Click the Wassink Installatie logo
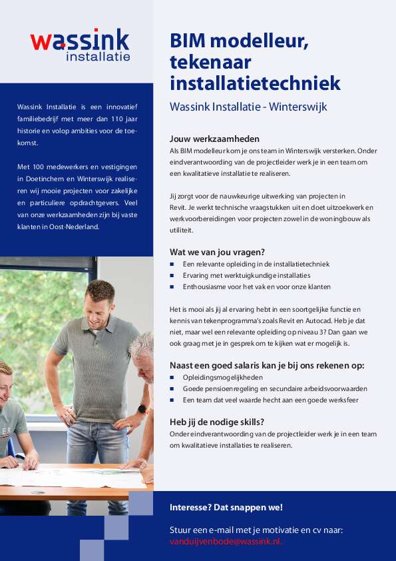80,45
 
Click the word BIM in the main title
190,41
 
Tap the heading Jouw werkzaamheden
214,139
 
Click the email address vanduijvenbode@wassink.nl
226,542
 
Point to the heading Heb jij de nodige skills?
217,421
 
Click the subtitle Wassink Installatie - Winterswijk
248,106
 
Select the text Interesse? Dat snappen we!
226,508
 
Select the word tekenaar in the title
209,63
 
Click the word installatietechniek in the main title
255,84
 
